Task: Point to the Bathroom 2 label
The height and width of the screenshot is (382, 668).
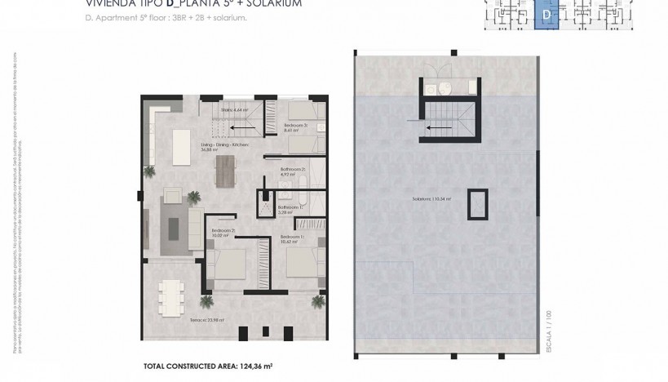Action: pos(292,172)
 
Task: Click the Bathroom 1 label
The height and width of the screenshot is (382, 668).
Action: pos(290,208)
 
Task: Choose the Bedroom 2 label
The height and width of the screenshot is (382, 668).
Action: pos(223,231)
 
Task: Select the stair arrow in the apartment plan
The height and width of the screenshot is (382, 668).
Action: pos(238,127)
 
